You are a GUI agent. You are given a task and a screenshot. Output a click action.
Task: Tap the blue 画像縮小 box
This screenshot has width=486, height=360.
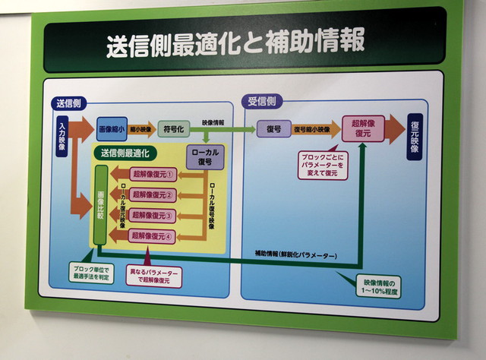112,128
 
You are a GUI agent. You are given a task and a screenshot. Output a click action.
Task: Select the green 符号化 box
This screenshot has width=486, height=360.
173,128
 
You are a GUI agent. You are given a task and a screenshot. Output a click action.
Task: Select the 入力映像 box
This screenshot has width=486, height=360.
62,135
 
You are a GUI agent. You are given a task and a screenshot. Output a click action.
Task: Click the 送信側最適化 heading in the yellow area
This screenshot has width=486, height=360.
125,153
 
